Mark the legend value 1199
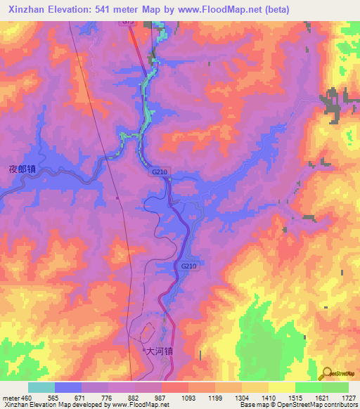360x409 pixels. pyautogui.click(x=215, y=398)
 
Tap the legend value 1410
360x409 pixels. pyautogui.click(x=269, y=398)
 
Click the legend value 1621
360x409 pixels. pyautogui.click(x=322, y=398)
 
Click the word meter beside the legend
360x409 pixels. pyautogui.click(x=11, y=398)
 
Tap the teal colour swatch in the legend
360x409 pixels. pyautogui.click(x=41, y=387)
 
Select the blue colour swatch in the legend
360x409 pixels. pyautogui.click(x=68, y=387)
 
